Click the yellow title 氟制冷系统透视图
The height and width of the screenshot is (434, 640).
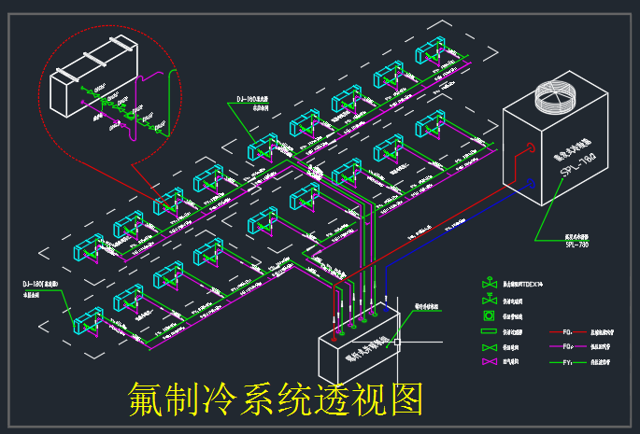tap(276, 399)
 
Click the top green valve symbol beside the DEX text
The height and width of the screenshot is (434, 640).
tap(487, 283)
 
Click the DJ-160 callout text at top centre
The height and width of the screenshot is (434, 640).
tap(252, 100)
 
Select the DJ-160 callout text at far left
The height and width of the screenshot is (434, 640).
tap(42, 285)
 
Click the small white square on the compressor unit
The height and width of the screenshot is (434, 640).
tap(397, 343)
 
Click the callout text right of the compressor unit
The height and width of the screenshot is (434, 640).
tap(427, 304)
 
